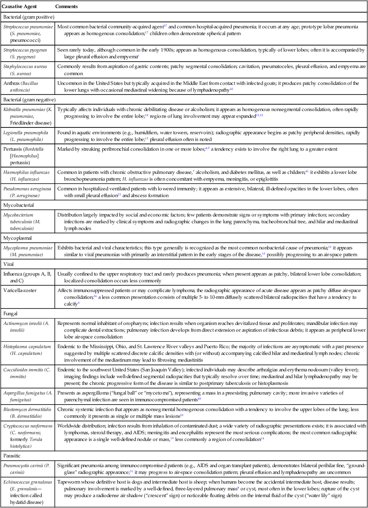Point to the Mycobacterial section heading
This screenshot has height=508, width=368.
tap(19, 205)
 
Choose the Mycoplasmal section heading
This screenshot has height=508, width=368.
tap(18, 238)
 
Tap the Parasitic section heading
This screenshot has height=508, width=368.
tap(12, 456)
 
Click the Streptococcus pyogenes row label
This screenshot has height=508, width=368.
tap(26, 52)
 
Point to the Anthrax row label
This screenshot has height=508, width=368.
tap(26, 86)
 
